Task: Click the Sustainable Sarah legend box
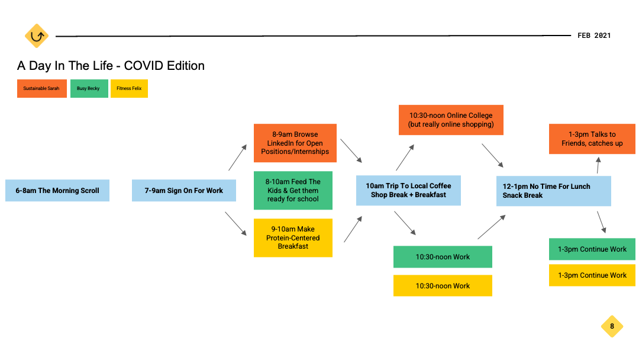[x=42, y=88]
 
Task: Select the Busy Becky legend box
[x=89, y=88]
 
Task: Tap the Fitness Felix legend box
[x=129, y=88]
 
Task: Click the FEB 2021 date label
[x=594, y=36]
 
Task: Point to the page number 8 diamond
[x=612, y=326]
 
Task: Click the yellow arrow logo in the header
[x=37, y=36]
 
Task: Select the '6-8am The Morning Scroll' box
[x=57, y=191]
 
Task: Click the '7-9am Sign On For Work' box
[x=184, y=191]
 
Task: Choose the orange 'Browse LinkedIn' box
[x=295, y=143]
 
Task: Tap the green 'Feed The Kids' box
[x=293, y=191]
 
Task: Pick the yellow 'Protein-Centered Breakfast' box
[x=293, y=237]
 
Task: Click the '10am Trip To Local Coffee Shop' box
[x=408, y=191]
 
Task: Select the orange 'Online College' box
[x=451, y=120]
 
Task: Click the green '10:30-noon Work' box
[x=443, y=257]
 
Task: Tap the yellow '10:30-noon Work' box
[x=443, y=285]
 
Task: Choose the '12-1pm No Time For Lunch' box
[x=554, y=191]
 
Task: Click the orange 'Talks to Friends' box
[x=592, y=139]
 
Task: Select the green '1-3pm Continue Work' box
[x=592, y=249]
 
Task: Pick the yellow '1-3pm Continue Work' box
[x=592, y=275]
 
